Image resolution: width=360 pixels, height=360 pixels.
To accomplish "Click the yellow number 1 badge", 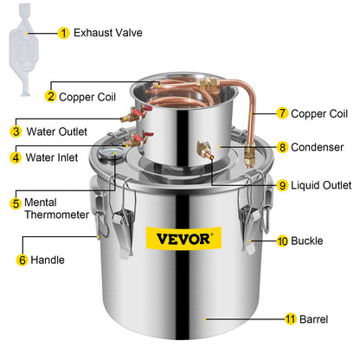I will pos(63,33).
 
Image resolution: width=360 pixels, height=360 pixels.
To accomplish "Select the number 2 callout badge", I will pos(51,96).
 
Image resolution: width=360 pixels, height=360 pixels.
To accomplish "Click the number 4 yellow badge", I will pos(16,157).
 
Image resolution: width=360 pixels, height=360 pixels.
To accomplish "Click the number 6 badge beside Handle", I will pos(22,259).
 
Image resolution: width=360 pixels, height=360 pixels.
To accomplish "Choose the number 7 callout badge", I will pos(282,113).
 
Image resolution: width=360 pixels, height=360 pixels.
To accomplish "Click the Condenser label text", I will pos(316,146).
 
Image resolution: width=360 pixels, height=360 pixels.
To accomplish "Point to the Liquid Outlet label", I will pos(321,184).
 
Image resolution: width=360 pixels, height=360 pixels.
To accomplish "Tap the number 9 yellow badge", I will pos(282,184).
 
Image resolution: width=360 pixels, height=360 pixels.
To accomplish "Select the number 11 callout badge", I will pos(291,318).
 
